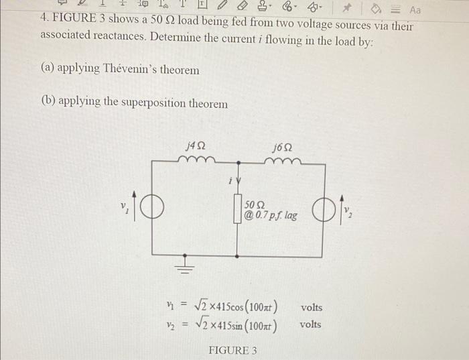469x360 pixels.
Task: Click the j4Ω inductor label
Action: [x=195, y=144]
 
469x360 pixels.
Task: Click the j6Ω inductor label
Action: [x=283, y=145]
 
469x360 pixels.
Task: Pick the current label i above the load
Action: [x=230, y=180]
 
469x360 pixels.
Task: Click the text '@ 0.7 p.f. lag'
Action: [x=271, y=217]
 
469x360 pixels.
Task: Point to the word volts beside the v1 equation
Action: [x=311, y=308]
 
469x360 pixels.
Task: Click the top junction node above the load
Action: [x=237, y=162]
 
